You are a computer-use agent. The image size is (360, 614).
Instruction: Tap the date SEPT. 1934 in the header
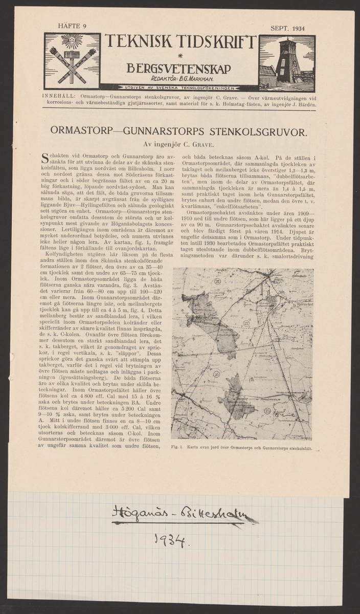click(287, 28)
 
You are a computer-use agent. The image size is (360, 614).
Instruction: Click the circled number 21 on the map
click(217, 281)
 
